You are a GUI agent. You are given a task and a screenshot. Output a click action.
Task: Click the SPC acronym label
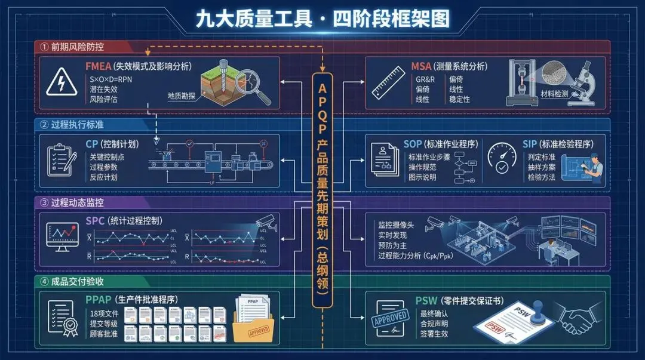coord(96,221)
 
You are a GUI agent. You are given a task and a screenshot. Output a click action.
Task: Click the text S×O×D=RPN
coord(112,78)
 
